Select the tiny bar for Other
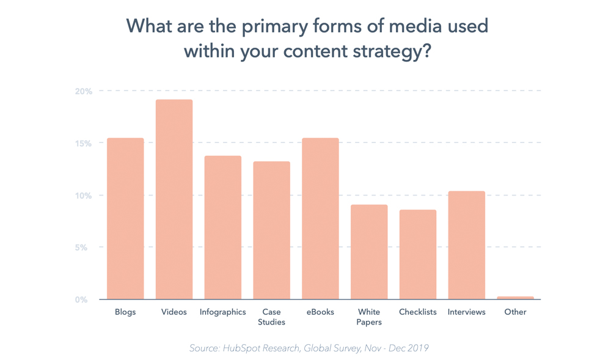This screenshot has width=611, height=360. tap(515, 298)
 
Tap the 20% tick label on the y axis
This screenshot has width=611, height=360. tap(84, 92)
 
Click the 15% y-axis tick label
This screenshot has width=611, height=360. tap(84, 144)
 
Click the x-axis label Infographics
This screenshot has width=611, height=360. tap(223, 312)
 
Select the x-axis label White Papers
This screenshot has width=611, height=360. tap(369, 317)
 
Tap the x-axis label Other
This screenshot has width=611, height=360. tap(515, 312)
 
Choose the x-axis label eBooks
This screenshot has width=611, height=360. tap(320, 312)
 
